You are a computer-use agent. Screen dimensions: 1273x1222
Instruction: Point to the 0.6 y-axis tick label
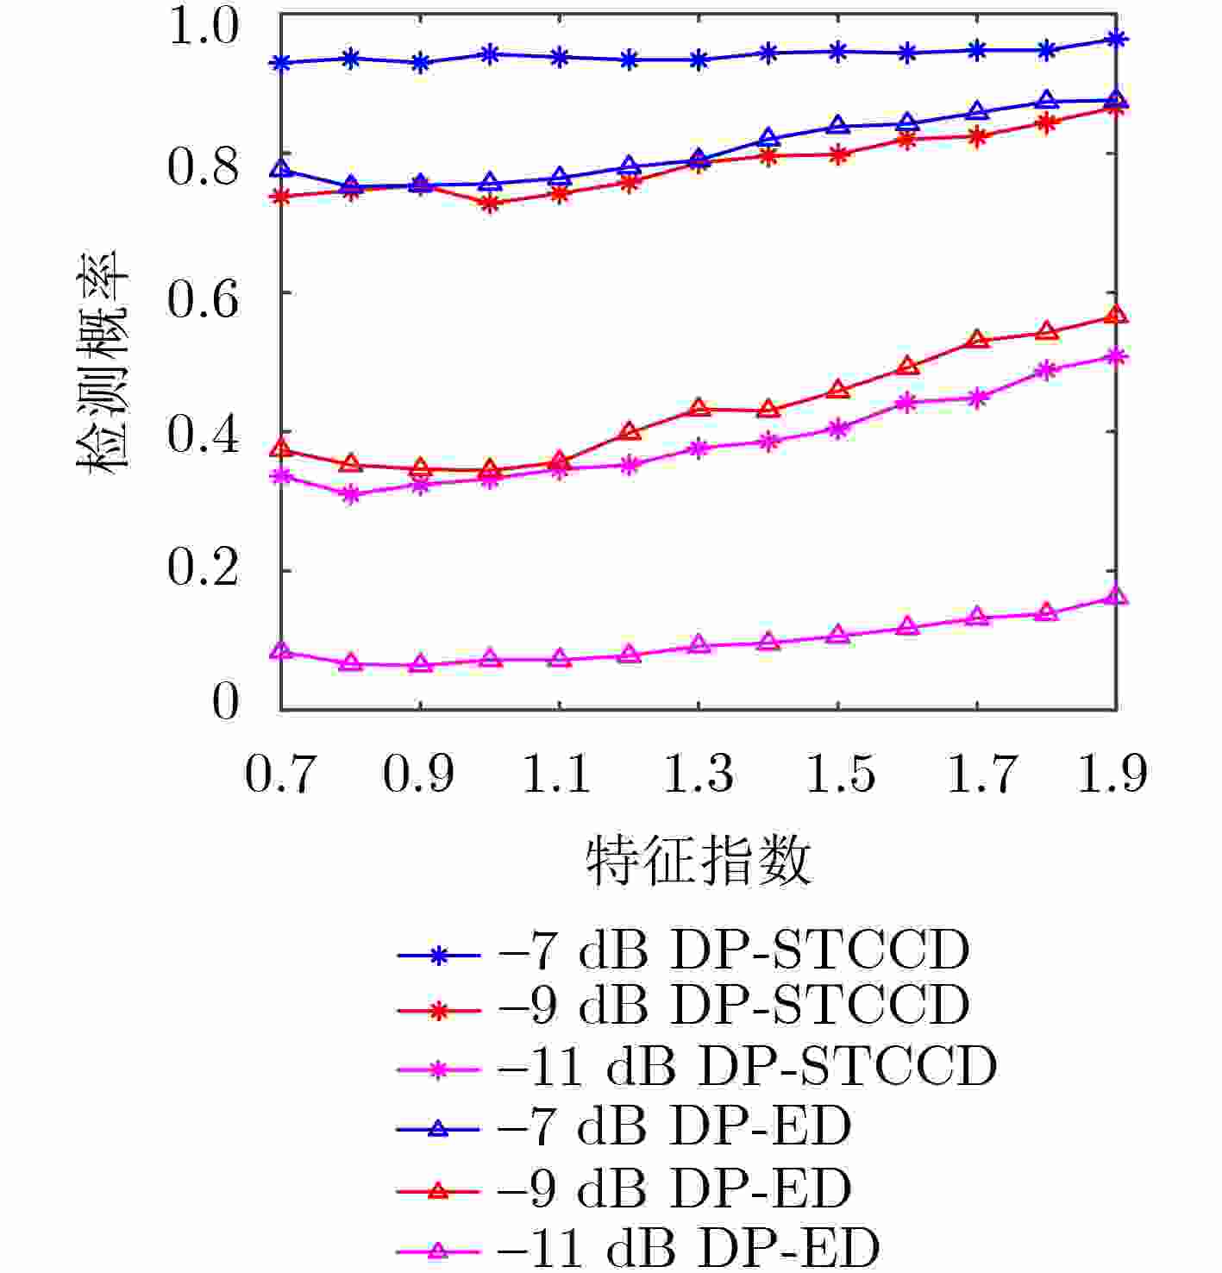click(202, 300)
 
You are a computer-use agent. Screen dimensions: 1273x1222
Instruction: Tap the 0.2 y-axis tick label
click(202, 569)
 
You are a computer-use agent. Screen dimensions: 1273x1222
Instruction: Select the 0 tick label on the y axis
click(225, 703)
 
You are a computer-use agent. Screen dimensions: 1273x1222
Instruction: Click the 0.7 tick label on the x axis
click(279, 774)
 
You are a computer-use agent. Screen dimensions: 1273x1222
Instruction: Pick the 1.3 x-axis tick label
click(699, 774)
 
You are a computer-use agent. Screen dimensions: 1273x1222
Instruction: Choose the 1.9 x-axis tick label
click(1113, 774)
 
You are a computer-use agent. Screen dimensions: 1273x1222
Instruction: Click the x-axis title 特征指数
click(699, 861)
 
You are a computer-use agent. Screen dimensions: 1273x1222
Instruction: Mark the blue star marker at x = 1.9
click(1116, 39)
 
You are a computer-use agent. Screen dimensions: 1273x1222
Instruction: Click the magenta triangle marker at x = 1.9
click(1116, 596)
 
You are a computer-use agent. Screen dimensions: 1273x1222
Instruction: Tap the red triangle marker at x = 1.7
click(977, 340)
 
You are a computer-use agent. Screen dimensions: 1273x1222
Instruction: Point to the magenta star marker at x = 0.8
click(350, 495)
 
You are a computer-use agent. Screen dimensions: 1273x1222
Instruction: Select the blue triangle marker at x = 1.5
click(837, 126)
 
